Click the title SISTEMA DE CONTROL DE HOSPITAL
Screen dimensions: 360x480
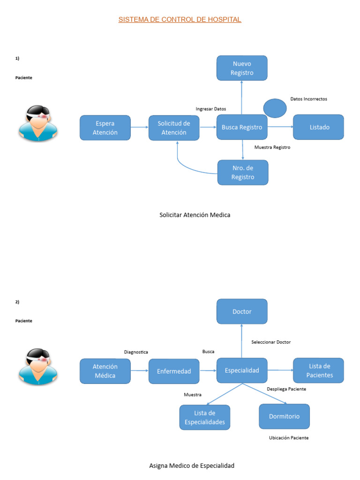(180, 19)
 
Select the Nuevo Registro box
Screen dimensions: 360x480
(242, 68)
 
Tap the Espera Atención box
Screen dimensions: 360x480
(105, 127)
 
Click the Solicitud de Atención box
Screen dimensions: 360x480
(174, 127)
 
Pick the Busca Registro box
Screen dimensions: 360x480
(242, 127)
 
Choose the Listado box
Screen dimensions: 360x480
(318, 127)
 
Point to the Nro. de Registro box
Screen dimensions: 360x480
(243, 172)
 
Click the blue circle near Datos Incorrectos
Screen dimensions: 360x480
(275, 108)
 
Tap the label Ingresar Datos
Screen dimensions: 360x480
(211, 109)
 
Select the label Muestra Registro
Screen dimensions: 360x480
(272, 147)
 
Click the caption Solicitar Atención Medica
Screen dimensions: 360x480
(195, 215)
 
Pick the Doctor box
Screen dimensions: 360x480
(242, 311)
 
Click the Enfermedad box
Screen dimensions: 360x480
(174, 371)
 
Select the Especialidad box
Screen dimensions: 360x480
(242, 370)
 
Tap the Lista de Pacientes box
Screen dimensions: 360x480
(318, 370)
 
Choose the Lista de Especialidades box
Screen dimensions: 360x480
(205, 417)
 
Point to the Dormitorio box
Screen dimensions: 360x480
(285, 416)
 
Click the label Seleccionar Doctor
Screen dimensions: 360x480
(271, 342)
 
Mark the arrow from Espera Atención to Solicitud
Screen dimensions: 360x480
(140, 127)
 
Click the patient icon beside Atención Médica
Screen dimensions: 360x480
(38, 367)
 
